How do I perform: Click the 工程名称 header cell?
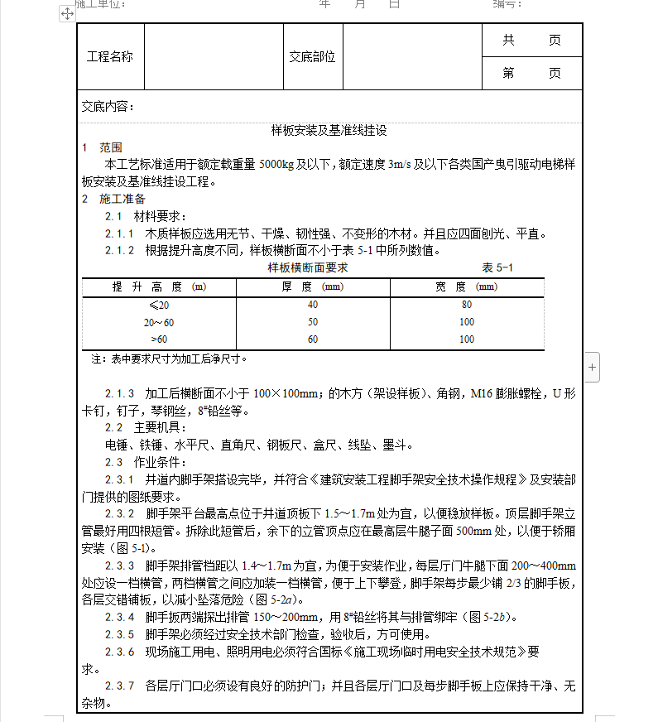tap(110, 57)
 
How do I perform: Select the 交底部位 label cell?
tap(312, 57)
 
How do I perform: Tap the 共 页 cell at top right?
tap(531, 41)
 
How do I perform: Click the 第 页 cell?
tap(531, 74)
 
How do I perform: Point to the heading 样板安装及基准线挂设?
tap(329, 131)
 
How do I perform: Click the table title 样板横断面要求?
tap(308, 268)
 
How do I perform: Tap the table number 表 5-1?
tap(498, 268)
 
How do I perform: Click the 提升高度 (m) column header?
tap(159, 287)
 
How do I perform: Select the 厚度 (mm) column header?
tap(312, 287)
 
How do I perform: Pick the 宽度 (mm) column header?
tap(466, 287)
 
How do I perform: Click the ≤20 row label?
tap(158, 305)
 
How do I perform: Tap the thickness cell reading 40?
tap(312, 305)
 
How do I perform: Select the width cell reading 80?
tap(466, 305)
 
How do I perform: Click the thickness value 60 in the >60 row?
tap(312, 339)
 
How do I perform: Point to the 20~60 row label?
tap(158, 322)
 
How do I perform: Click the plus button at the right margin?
tap(593, 365)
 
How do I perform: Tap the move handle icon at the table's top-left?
tap(68, 14)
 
